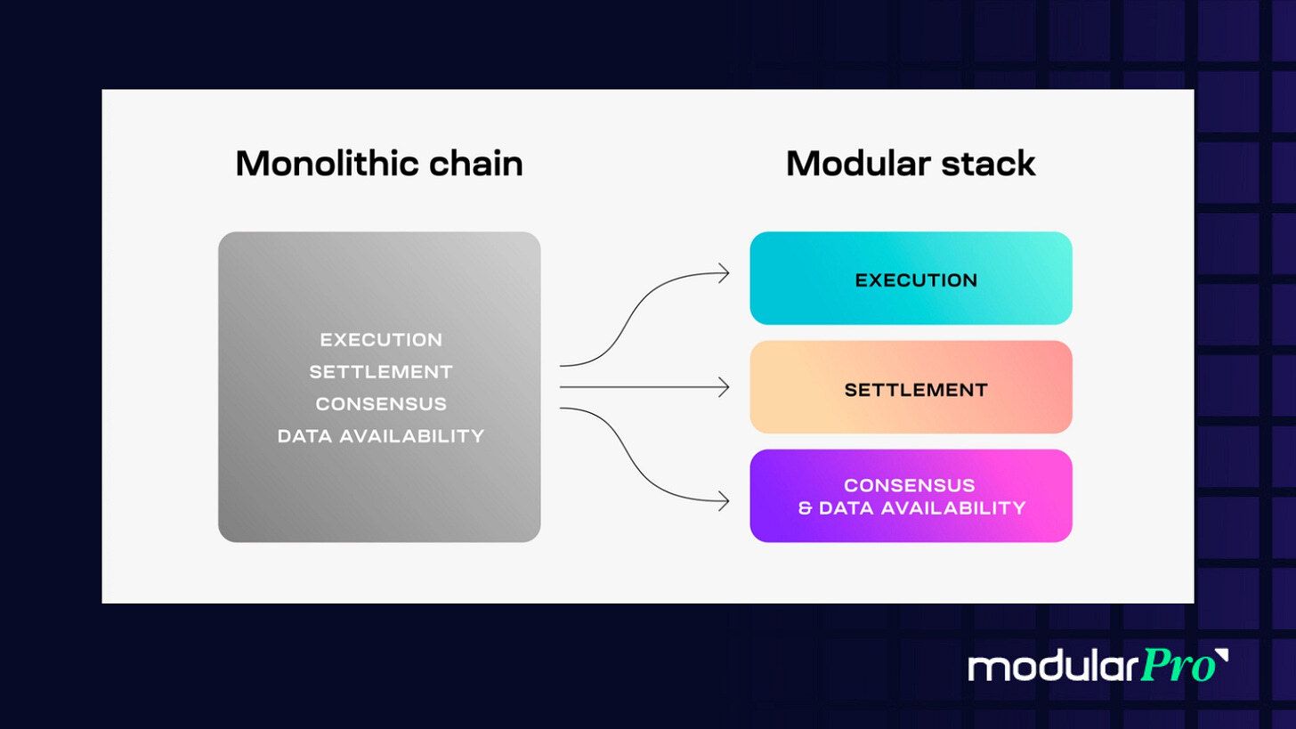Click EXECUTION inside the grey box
point(381,340)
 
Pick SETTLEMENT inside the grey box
point(381,372)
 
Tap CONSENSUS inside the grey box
point(381,404)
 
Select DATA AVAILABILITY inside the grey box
point(381,436)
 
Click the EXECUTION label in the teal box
point(916,280)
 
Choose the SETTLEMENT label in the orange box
point(916,390)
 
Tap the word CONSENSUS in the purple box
point(910,485)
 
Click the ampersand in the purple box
point(805,509)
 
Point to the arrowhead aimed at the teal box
point(725,273)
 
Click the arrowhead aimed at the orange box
point(725,387)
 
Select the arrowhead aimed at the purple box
point(725,502)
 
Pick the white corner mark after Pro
point(1221,657)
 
